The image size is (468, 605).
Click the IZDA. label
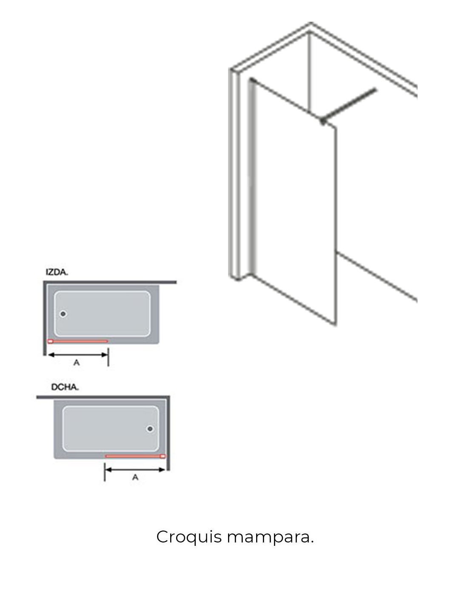57,272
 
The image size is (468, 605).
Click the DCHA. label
65,387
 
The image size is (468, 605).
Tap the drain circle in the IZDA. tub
63,314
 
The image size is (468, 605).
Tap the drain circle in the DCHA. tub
150,429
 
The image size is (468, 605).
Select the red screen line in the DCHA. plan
133,456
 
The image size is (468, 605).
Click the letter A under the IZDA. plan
77,362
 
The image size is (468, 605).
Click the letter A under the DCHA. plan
135,477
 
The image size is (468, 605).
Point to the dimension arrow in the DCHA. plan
135,470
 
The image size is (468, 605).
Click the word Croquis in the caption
189,537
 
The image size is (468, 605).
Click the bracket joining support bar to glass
323,122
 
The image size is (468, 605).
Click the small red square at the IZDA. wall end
50,341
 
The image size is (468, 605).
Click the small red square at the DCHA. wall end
163,456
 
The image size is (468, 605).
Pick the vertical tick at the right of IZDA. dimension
108,357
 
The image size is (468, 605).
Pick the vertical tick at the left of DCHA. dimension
105,472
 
